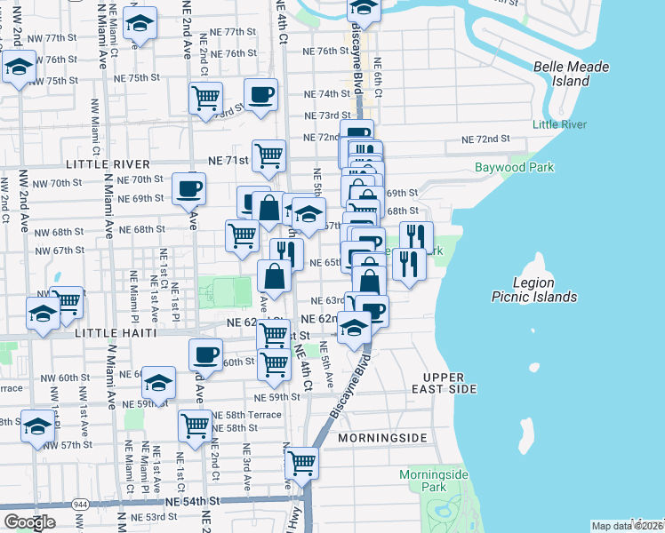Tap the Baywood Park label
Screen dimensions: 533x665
pos(514,167)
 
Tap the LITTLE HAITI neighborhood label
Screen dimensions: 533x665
pos(116,332)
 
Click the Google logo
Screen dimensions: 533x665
pos(28,522)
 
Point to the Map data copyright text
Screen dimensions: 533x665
pos(627,525)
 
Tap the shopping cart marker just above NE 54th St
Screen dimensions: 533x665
pos(301,463)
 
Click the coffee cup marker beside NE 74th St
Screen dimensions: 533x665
pos(260,94)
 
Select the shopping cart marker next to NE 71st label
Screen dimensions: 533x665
pos(268,156)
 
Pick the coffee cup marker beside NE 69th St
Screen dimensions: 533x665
pos(188,188)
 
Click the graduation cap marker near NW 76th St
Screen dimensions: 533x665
pos(18,68)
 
